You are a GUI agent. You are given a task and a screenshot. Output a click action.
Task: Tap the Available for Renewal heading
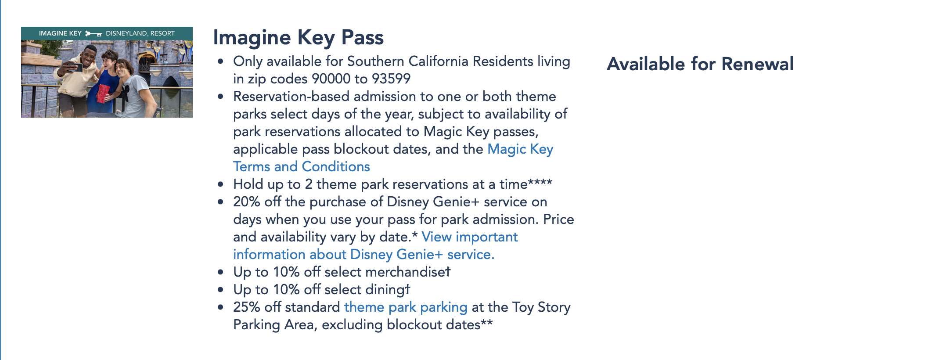(700, 64)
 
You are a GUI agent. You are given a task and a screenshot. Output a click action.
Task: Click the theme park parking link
(406, 307)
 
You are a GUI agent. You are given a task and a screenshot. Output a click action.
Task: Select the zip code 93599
(391, 79)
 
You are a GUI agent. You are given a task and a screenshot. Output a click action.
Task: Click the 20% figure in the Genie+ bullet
(246, 202)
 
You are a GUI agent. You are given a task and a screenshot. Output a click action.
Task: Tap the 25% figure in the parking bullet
(246, 307)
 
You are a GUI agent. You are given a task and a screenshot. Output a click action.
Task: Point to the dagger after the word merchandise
(448, 272)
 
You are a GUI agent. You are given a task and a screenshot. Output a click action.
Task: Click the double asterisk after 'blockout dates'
(487, 324)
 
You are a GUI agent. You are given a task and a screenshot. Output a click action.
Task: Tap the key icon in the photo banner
(94, 33)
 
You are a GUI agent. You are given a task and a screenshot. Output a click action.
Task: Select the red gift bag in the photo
(104, 93)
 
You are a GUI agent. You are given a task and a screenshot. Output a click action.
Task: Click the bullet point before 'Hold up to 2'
(220, 184)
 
